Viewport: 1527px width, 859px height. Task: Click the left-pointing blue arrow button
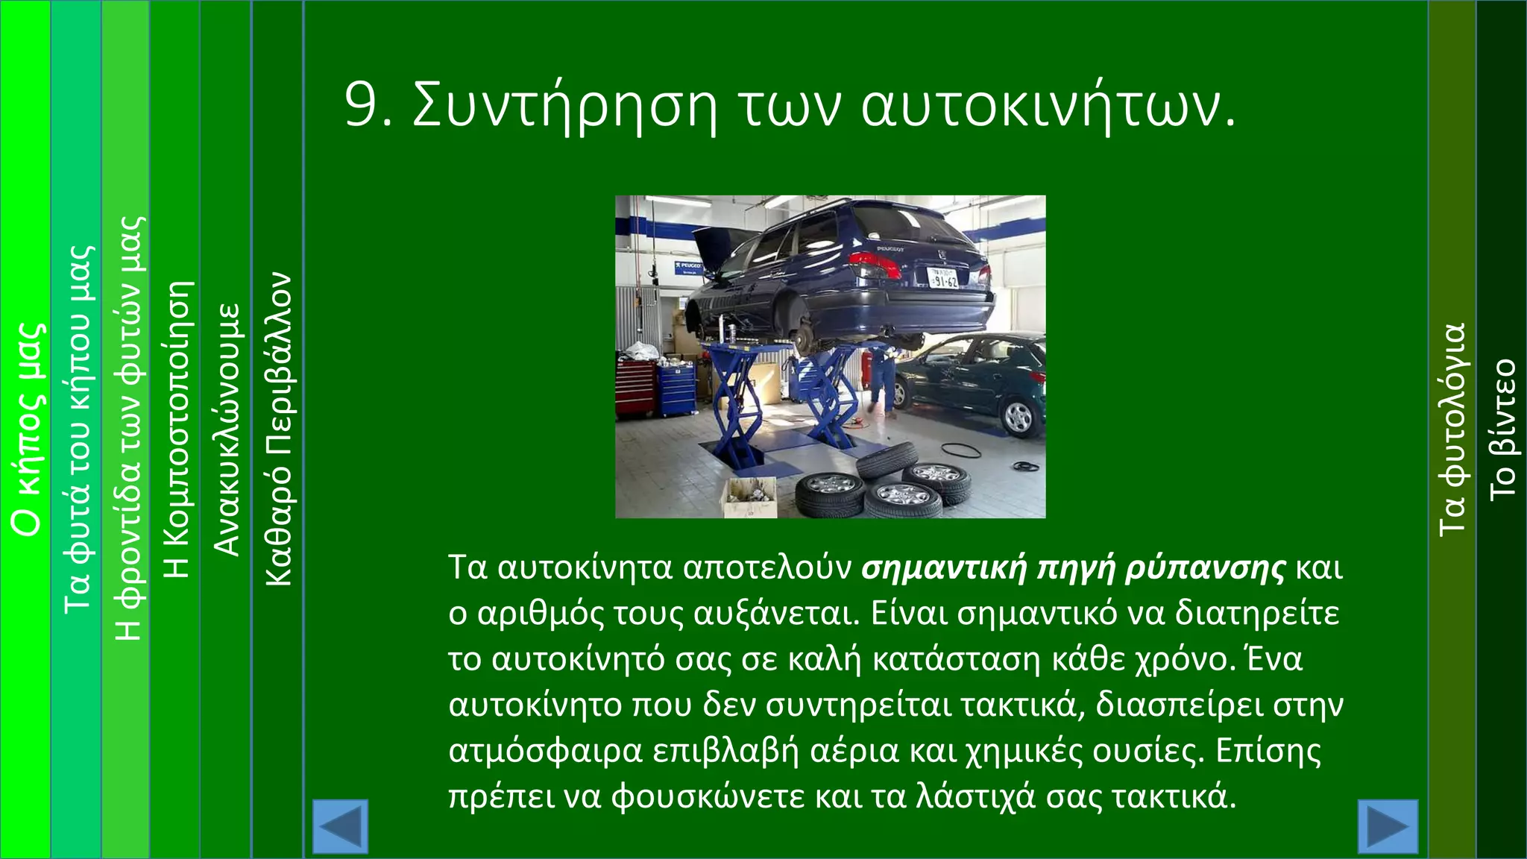(340, 826)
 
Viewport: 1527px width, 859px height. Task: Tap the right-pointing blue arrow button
(1388, 826)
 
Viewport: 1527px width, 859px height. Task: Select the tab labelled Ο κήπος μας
(27, 429)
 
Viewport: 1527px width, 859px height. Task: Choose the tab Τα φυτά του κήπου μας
(78, 429)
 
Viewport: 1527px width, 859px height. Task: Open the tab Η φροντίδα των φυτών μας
(127, 429)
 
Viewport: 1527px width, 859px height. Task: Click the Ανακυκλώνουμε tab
(227, 429)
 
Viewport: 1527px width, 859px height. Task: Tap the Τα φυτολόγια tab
(1452, 429)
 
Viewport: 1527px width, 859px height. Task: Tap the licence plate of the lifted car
(944, 279)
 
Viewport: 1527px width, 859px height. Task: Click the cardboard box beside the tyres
(749, 497)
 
